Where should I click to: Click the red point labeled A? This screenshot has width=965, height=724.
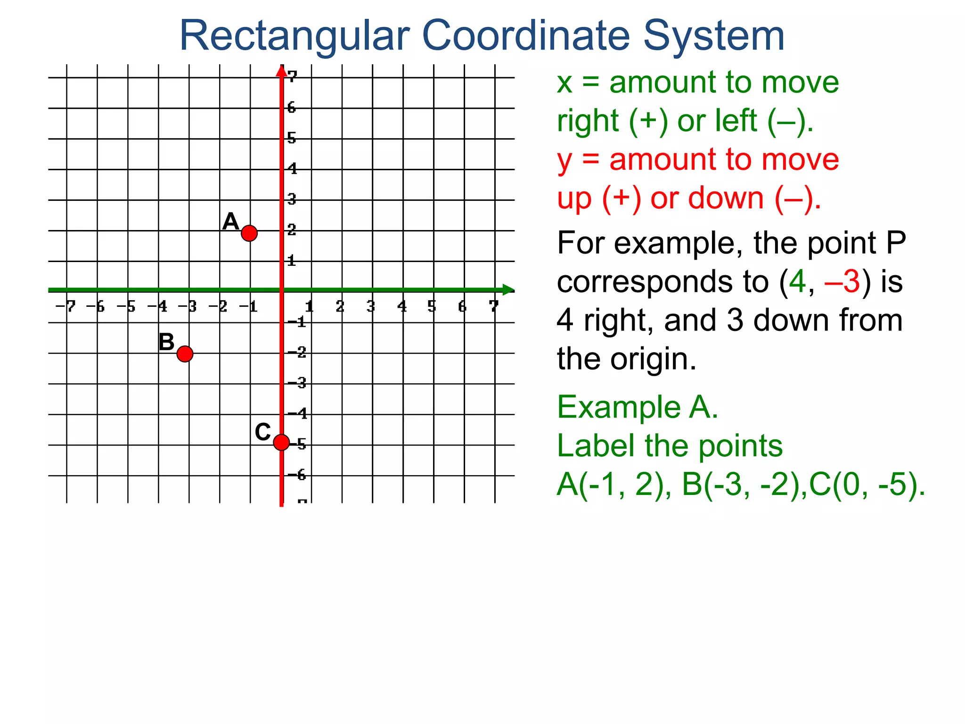[x=249, y=233]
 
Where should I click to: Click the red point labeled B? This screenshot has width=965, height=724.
[x=185, y=354]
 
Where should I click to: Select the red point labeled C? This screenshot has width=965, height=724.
[x=281, y=442]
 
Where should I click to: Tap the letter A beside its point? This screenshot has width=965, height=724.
[x=230, y=222]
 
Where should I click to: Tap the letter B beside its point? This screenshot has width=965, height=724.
[x=166, y=342]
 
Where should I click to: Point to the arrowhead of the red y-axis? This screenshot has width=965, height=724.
[x=281, y=71]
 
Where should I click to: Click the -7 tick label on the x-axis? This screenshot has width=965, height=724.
[x=66, y=307]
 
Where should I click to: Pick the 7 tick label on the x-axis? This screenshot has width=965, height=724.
[x=493, y=307]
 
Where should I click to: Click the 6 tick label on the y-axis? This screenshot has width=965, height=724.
[x=292, y=107]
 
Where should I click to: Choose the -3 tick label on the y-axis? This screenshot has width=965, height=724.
[x=297, y=383]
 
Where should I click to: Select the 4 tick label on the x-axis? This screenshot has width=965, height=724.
[x=402, y=307]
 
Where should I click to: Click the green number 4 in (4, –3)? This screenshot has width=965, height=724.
[x=798, y=282]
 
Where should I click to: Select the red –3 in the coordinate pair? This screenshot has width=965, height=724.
[x=842, y=282]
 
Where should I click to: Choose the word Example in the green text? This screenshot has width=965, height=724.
[x=619, y=407]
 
